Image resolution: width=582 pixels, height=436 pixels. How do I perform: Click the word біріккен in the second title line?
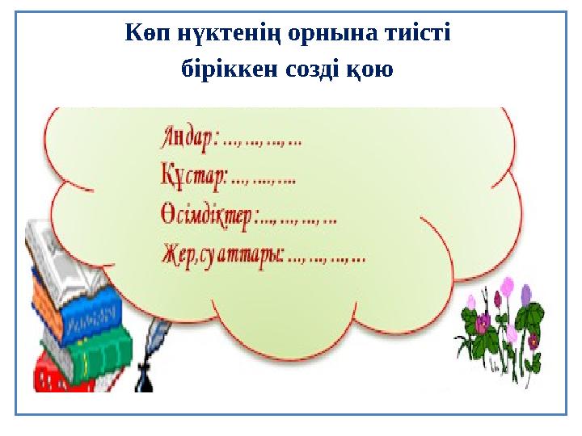coord(222,70)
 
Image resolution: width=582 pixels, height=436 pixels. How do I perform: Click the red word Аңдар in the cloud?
coord(187,139)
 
